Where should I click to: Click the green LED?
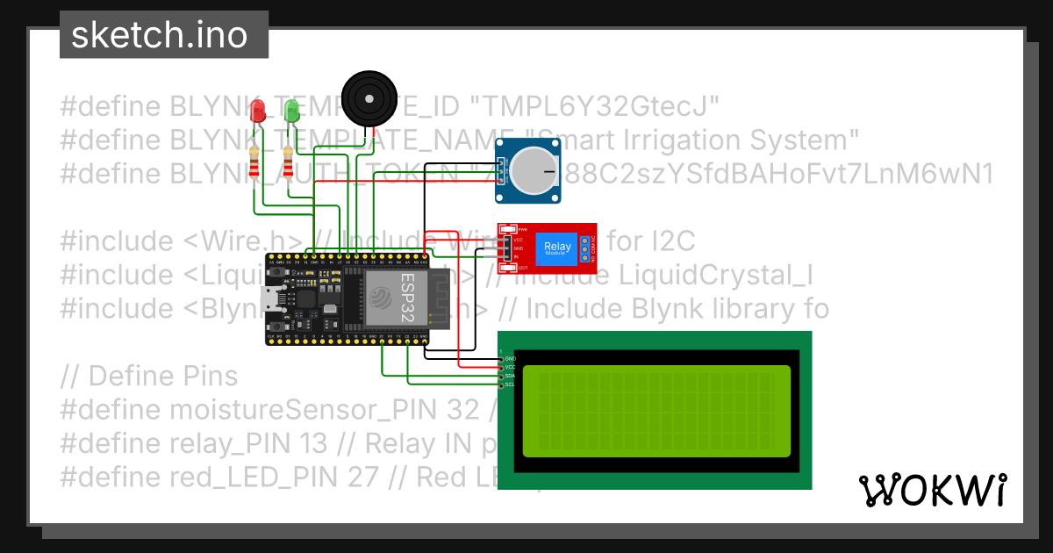click(x=292, y=111)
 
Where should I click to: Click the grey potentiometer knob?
click(x=535, y=169)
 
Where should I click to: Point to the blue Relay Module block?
click(x=557, y=248)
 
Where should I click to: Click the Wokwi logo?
click(x=932, y=490)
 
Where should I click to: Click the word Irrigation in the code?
click(x=686, y=140)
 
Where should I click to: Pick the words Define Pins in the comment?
click(x=163, y=377)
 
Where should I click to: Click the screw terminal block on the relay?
click(x=585, y=248)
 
